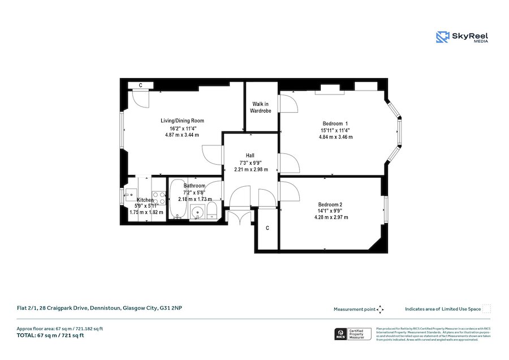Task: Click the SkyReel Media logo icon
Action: point(442,37)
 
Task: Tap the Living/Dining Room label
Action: point(182,121)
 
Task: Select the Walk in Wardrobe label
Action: point(261,108)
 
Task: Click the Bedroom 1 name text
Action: point(335,123)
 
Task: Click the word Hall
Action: point(250,155)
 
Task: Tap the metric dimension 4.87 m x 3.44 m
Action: point(182,135)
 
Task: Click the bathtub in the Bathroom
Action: point(176,202)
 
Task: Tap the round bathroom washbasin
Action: point(197,213)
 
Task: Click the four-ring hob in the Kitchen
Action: point(158,199)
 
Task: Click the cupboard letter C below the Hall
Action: point(268,228)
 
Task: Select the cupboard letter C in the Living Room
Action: point(140,85)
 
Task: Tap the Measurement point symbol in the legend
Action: point(380,309)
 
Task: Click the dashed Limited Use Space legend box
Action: point(486,309)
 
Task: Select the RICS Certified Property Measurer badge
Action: point(352,333)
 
